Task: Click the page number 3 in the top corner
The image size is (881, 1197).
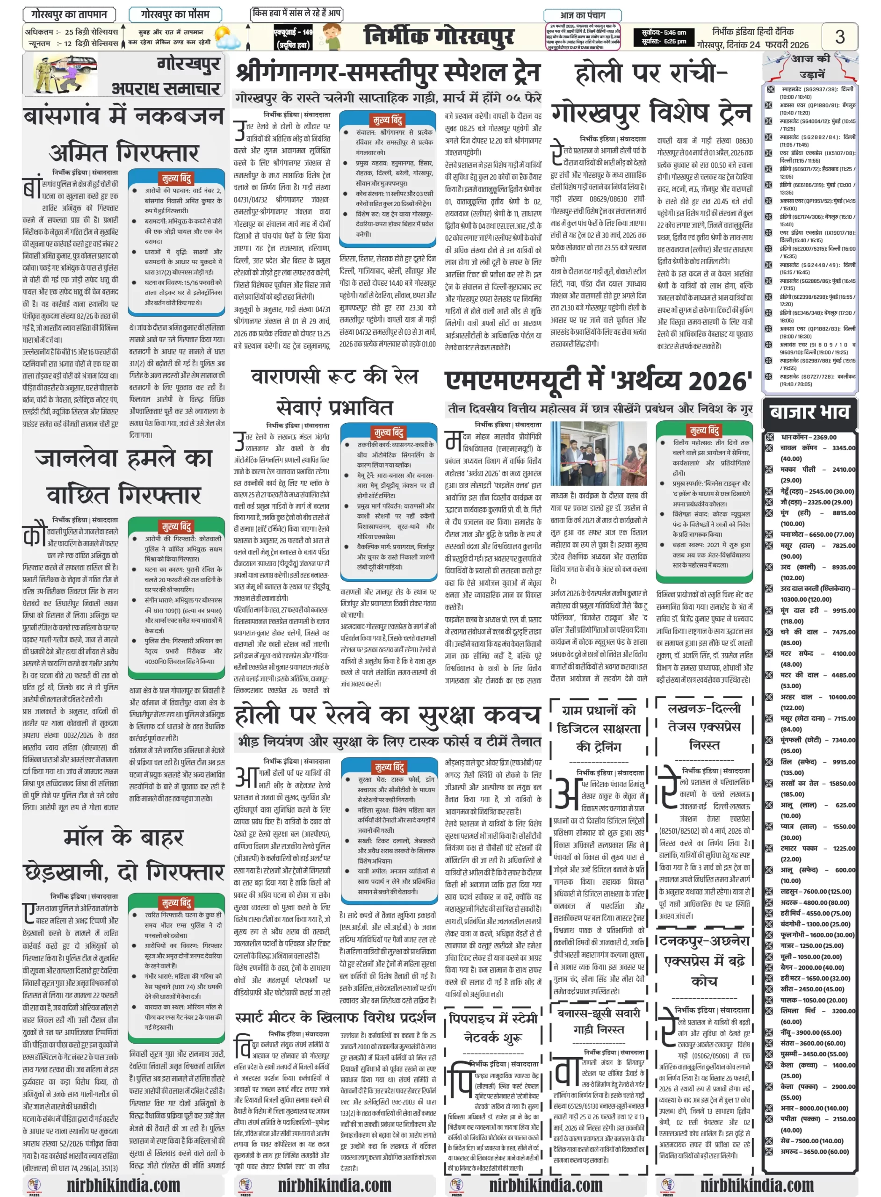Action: pos(839,37)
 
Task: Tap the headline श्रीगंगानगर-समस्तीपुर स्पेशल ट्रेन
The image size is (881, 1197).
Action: pos(388,73)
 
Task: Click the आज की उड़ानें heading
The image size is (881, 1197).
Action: pos(809,66)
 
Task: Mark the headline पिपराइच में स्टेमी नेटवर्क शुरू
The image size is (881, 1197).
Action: pos(493,1027)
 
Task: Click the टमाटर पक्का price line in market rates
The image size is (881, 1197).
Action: pos(809,848)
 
